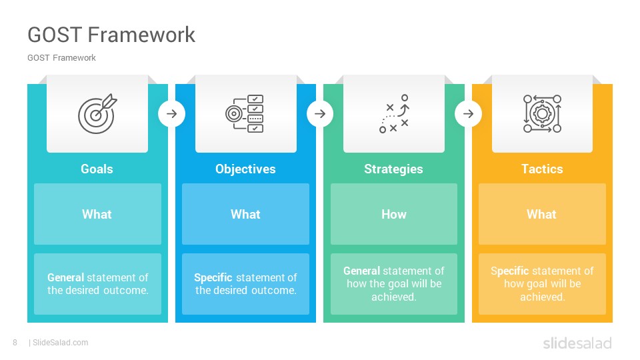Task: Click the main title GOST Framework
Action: (x=111, y=35)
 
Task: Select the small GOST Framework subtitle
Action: (x=61, y=58)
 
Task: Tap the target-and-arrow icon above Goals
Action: (x=97, y=114)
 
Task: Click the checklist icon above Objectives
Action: (x=245, y=113)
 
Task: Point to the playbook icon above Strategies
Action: (x=394, y=114)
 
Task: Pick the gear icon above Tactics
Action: (x=542, y=114)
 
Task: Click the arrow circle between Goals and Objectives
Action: (x=172, y=113)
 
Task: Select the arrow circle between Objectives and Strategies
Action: (x=320, y=113)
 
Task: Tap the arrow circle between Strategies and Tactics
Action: (x=468, y=113)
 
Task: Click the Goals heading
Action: (x=97, y=169)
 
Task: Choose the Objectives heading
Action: (x=245, y=169)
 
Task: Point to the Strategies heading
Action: (x=393, y=169)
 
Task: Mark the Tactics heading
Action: (x=542, y=169)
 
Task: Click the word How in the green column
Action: (x=394, y=214)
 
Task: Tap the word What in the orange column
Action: (x=541, y=214)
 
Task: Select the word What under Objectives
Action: (x=245, y=214)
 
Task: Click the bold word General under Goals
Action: (x=66, y=277)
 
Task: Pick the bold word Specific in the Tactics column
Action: (x=515, y=271)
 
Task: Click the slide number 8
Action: (x=15, y=343)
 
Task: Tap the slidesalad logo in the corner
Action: (x=577, y=343)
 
